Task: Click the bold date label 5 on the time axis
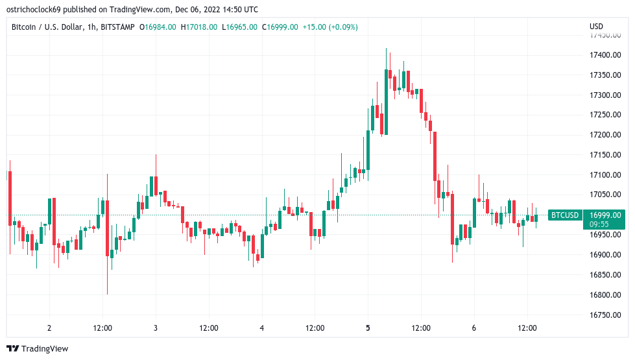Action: pyautogui.click(x=368, y=328)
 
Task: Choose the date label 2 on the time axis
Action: pyautogui.click(x=49, y=328)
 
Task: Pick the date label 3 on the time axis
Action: pyautogui.click(x=156, y=328)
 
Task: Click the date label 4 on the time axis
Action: pyautogui.click(x=261, y=328)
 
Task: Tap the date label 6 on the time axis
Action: pyautogui.click(x=474, y=328)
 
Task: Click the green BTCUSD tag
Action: pyautogui.click(x=564, y=215)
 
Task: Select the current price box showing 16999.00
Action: pyautogui.click(x=605, y=215)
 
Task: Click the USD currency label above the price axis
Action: pyautogui.click(x=596, y=27)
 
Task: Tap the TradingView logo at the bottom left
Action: pyautogui.click(x=38, y=348)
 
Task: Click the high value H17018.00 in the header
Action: pyautogui.click(x=200, y=27)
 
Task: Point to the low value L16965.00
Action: pyautogui.click(x=239, y=27)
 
